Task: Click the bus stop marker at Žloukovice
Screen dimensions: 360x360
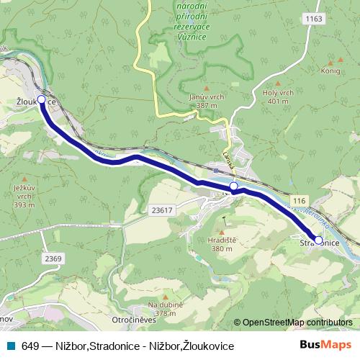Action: [41, 99]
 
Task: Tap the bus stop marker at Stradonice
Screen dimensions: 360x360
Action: [318, 240]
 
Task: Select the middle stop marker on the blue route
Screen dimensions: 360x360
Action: [233, 187]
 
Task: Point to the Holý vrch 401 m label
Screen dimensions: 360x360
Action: [278, 97]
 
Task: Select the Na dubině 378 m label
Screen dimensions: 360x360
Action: [165, 308]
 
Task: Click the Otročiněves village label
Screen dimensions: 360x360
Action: [130, 319]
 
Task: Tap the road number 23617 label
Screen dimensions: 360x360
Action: [163, 210]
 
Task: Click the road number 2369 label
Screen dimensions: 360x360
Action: [53, 258]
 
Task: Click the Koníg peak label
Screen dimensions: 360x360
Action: [330, 72]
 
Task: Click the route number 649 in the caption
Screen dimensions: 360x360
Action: [30, 346]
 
